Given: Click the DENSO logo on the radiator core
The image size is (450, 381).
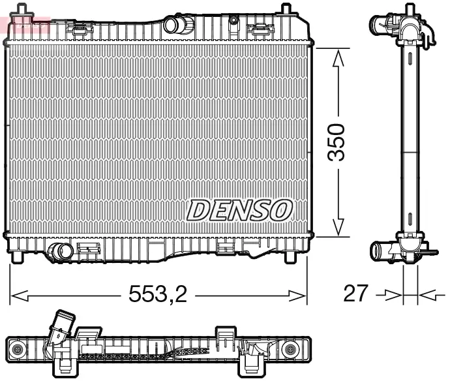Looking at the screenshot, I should tap(239, 209).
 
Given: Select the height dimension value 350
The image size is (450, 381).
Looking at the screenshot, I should tap(337, 142).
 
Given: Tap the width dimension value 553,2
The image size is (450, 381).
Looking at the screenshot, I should tap(157, 295).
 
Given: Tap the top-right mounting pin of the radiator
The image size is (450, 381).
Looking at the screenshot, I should tap(285, 9).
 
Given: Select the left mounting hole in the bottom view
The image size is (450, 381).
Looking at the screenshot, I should tap(17, 350).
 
